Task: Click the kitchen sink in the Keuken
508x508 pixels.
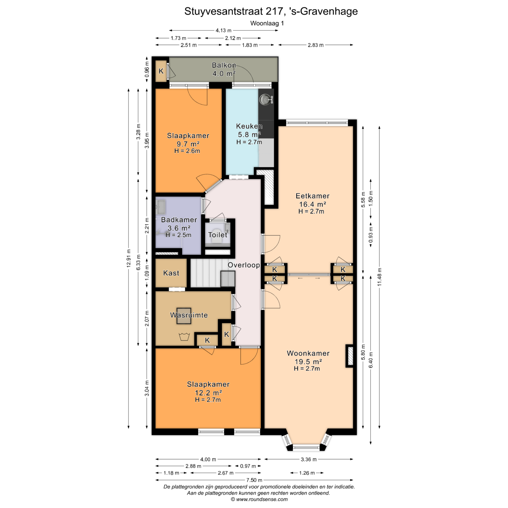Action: (265, 100)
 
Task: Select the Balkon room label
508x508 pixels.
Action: (224, 65)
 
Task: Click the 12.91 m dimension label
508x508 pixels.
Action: (129, 258)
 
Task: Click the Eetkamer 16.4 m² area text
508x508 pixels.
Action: (312, 204)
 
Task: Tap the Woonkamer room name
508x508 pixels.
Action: (308, 353)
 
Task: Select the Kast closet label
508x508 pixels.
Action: (171, 273)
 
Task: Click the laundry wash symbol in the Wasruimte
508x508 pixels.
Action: (184, 337)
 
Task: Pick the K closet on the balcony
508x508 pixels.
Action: (161, 71)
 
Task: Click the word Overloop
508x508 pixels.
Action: (244, 265)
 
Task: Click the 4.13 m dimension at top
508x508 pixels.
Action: (223, 30)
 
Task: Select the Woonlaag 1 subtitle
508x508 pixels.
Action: (267, 23)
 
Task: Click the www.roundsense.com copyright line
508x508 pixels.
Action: (259, 499)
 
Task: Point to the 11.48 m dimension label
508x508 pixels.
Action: (379, 277)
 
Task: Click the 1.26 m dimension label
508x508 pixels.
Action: (307, 473)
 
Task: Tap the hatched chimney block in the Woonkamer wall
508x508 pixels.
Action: (350, 356)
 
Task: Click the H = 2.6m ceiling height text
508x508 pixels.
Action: (187, 151)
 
